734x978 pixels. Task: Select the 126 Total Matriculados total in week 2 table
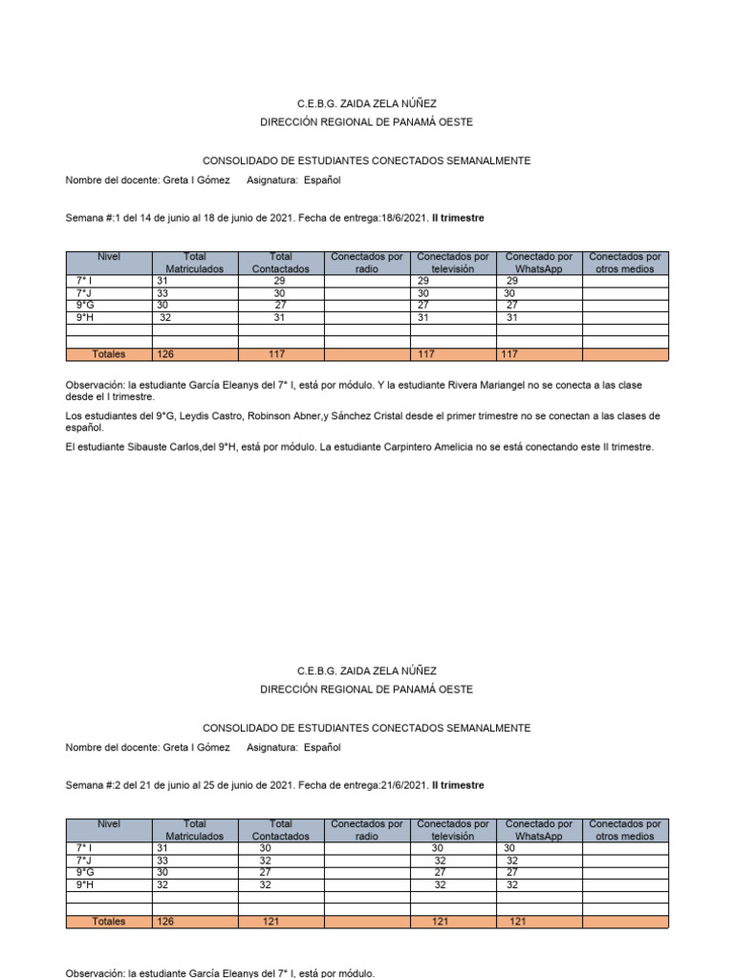pyautogui.click(x=165, y=922)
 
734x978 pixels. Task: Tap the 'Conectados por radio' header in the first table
pyautogui.click(x=367, y=263)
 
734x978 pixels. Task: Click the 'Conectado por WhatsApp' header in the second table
pyautogui.click(x=539, y=830)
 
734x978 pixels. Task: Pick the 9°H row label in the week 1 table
pyautogui.click(x=85, y=317)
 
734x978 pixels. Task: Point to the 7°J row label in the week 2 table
pyautogui.click(x=85, y=860)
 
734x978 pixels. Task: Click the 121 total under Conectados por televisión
pyautogui.click(x=440, y=922)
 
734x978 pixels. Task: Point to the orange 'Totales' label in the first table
pyautogui.click(x=108, y=354)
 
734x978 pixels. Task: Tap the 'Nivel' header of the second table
pyautogui.click(x=108, y=823)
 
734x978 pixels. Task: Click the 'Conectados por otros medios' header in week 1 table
pyautogui.click(x=625, y=263)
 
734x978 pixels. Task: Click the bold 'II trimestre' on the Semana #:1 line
pyautogui.click(x=458, y=218)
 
